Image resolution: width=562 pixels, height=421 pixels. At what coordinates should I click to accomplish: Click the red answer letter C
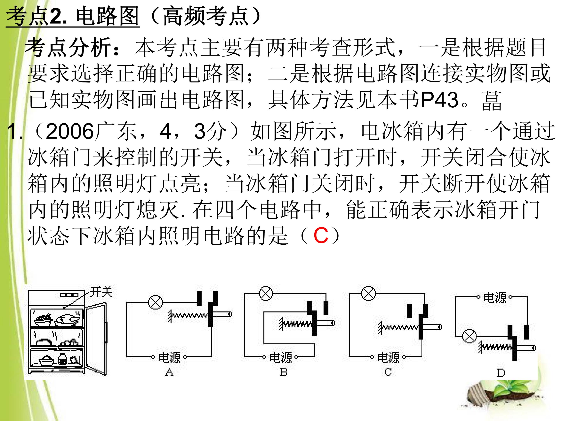[x=321, y=235]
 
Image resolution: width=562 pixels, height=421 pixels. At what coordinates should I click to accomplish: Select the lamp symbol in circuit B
[x=266, y=294]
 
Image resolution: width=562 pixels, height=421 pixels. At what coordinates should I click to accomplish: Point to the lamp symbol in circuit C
[x=369, y=294]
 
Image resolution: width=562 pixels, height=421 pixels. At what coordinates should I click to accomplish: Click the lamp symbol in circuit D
[x=469, y=336]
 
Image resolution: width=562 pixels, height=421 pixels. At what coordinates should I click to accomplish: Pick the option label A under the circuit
[x=169, y=372]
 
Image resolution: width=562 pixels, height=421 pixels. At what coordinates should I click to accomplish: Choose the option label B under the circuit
[x=283, y=372]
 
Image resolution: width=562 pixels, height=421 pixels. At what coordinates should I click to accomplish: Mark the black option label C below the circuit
[x=388, y=372]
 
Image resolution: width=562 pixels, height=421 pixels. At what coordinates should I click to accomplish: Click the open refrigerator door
[x=96, y=339]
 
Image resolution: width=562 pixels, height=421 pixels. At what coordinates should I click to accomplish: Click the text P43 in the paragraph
[x=439, y=100]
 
